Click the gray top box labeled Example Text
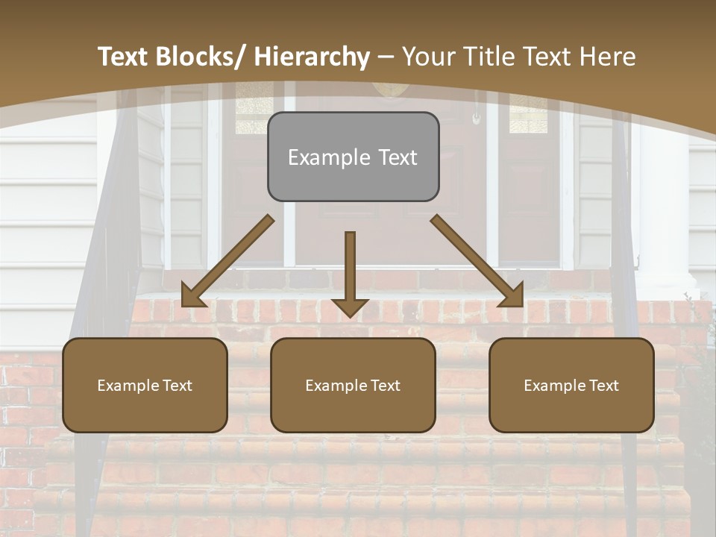tap(353, 157)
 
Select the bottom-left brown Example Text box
tap(145, 385)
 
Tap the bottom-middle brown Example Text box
tap(353, 385)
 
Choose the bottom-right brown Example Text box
tap(571, 385)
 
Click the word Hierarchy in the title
tap(312, 57)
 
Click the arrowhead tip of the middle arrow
tap(350, 315)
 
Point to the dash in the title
tap(386, 57)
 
